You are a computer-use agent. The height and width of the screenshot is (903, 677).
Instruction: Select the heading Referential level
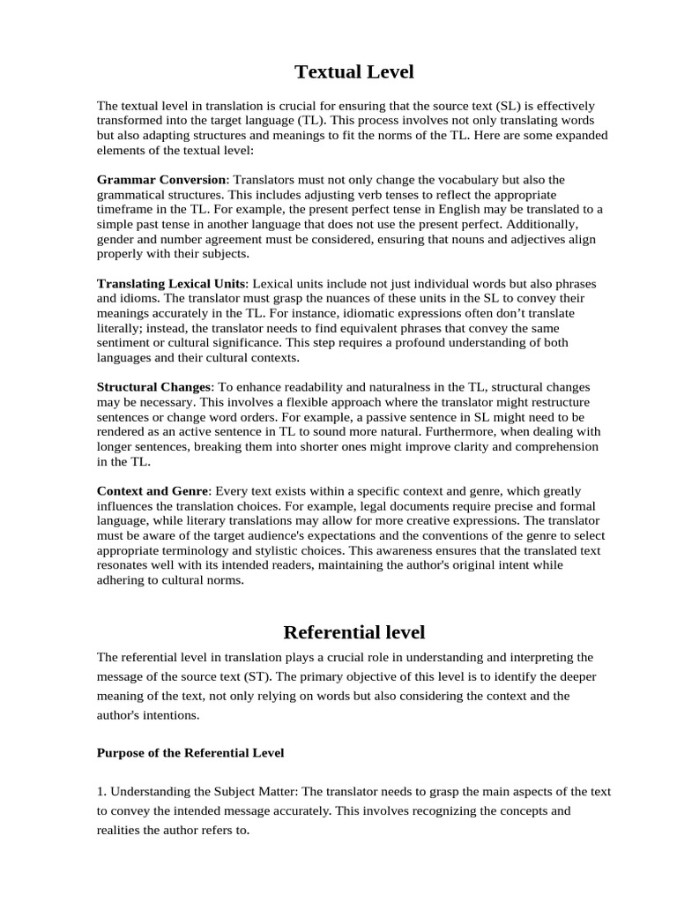353,631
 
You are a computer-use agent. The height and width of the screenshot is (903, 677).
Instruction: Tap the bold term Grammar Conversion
161,180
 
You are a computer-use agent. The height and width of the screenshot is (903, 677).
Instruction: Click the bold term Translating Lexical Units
172,284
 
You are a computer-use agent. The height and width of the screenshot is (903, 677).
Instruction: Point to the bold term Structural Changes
154,387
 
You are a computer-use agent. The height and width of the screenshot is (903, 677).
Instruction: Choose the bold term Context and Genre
153,491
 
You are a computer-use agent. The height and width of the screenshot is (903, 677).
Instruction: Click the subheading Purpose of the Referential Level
190,753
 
